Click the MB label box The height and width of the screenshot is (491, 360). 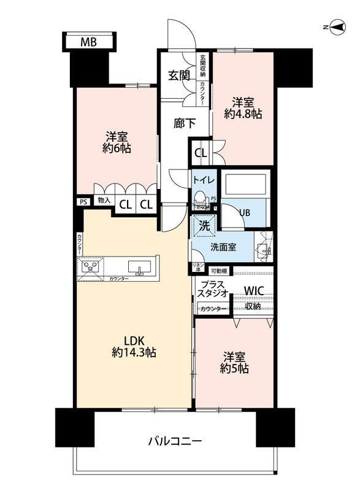pos(88,42)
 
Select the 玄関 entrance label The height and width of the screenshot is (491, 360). pos(180,76)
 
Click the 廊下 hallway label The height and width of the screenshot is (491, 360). pos(185,123)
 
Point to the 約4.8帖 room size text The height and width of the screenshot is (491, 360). pos(243,114)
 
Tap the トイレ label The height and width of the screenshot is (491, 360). pos(203,180)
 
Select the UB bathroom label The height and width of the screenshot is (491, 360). pos(243,212)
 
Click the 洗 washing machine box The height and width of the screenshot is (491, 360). pos(204,225)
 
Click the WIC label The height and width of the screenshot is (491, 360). pos(255,290)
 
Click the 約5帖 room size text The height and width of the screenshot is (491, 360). pos(236,369)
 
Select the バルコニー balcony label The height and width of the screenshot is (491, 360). pos(175,441)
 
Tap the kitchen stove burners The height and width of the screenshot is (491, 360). pos(91,266)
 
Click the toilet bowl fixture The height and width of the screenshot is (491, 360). pos(201,200)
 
